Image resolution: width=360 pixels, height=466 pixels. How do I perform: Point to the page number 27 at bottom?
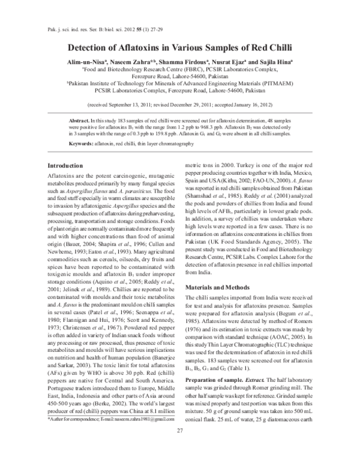coord(179,448)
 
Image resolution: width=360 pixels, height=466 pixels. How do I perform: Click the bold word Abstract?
coord(80,120)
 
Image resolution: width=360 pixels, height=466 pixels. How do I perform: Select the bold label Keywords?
coord(81,144)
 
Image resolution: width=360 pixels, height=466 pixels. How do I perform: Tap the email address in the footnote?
coord(143,425)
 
